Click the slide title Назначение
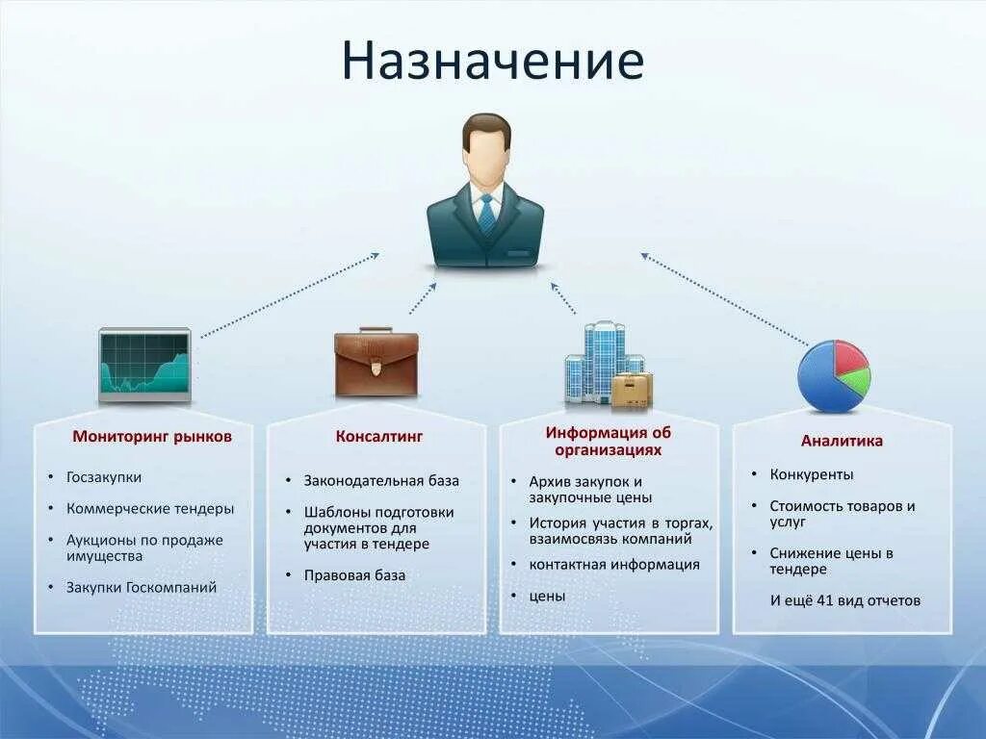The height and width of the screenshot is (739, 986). (492, 60)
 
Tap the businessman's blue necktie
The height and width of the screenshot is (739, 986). (486, 214)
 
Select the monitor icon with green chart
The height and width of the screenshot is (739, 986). (144, 365)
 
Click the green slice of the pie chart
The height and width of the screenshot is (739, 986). (855, 384)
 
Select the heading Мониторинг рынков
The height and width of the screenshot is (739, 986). (152, 436)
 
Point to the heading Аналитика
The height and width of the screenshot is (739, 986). (842, 441)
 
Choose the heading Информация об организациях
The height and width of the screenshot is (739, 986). (608, 441)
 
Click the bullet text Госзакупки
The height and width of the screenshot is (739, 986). (104, 476)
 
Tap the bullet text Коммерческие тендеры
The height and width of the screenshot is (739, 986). (150, 508)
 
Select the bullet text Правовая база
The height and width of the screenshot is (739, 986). (354, 575)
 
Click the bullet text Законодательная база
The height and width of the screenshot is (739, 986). (381, 480)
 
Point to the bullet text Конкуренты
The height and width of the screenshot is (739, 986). (812, 474)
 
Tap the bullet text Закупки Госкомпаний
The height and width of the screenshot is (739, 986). (142, 587)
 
